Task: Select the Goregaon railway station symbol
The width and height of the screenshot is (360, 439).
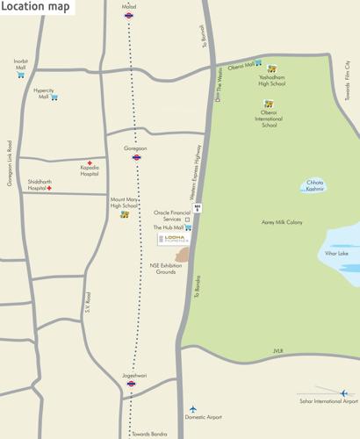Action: [x=136, y=158]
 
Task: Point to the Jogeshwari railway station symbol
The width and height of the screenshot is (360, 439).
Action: [x=131, y=383]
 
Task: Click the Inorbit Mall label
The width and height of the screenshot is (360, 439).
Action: [x=20, y=62]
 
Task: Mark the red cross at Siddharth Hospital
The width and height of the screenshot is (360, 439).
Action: [x=50, y=188]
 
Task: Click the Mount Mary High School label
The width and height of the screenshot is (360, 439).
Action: [x=124, y=203]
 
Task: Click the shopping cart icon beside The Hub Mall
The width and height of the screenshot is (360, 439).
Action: [x=189, y=227]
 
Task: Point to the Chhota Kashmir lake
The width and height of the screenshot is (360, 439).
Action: [x=314, y=186]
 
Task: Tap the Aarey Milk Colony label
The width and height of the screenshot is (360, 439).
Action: [x=282, y=222]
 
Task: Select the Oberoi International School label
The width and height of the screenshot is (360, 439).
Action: [x=269, y=119]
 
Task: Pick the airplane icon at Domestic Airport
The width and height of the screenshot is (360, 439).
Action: [x=193, y=409]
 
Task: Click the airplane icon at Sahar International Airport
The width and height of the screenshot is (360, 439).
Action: [x=343, y=392]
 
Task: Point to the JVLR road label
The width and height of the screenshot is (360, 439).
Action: [x=279, y=350]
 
